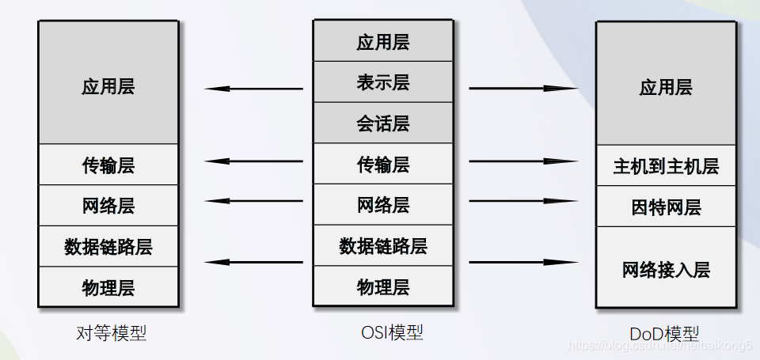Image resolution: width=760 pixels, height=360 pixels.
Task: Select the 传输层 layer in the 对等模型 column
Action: pyautogui.click(x=108, y=165)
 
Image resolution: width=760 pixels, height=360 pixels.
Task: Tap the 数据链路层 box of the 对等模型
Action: pyautogui.click(x=108, y=246)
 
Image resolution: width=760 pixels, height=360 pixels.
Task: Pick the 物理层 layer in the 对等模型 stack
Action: pyautogui.click(x=108, y=287)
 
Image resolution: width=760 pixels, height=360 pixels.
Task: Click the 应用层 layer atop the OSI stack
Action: pyautogui.click(x=382, y=41)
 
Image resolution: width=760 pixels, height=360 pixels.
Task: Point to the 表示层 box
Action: pyautogui.click(x=382, y=81)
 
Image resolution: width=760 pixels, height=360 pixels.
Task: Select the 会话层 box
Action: pyautogui.click(x=382, y=123)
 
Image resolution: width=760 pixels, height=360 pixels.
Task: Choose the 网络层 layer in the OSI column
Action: pyautogui.click(x=382, y=205)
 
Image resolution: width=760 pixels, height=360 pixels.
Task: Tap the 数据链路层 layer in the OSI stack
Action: pyautogui.click(x=382, y=245)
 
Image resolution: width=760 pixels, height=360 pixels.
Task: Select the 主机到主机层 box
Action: pyautogui.click(x=665, y=166)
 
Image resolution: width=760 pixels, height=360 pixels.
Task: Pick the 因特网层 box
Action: pyautogui.click(x=665, y=207)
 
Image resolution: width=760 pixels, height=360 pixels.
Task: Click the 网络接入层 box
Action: pyautogui.click(x=665, y=268)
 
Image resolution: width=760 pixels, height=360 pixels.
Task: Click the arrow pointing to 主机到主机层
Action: pyautogui.click(x=523, y=162)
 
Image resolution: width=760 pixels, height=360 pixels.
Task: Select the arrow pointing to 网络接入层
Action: pyautogui.click(x=523, y=262)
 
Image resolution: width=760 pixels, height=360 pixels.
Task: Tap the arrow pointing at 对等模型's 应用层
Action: pyautogui.click(x=253, y=89)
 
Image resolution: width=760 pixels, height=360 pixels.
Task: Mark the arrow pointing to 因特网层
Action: pyautogui.click(x=523, y=201)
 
